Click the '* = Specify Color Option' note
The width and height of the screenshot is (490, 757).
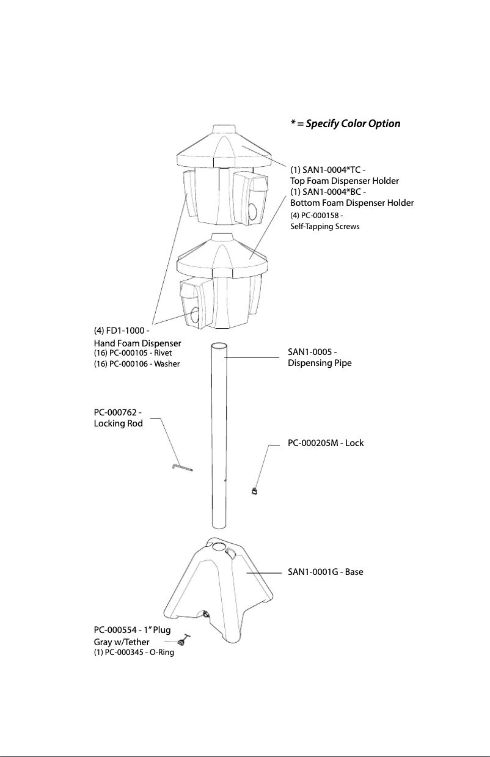345,123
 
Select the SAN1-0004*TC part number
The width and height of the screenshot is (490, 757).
328,169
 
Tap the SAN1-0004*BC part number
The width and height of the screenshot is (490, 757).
328,192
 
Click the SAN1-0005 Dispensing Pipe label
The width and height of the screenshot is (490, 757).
320,357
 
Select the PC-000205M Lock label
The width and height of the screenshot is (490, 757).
326,442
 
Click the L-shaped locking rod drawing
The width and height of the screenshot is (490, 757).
181,467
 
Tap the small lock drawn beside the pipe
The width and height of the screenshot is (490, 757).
255,489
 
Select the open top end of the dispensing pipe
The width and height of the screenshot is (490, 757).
219,347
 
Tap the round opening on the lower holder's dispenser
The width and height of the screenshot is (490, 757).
195,315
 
